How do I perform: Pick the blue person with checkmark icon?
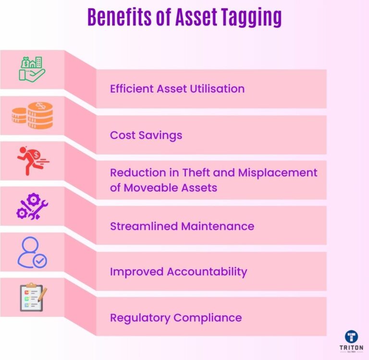(x=32, y=252)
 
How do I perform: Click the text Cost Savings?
(x=146, y=135)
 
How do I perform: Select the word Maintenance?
(x=217, y=226)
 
